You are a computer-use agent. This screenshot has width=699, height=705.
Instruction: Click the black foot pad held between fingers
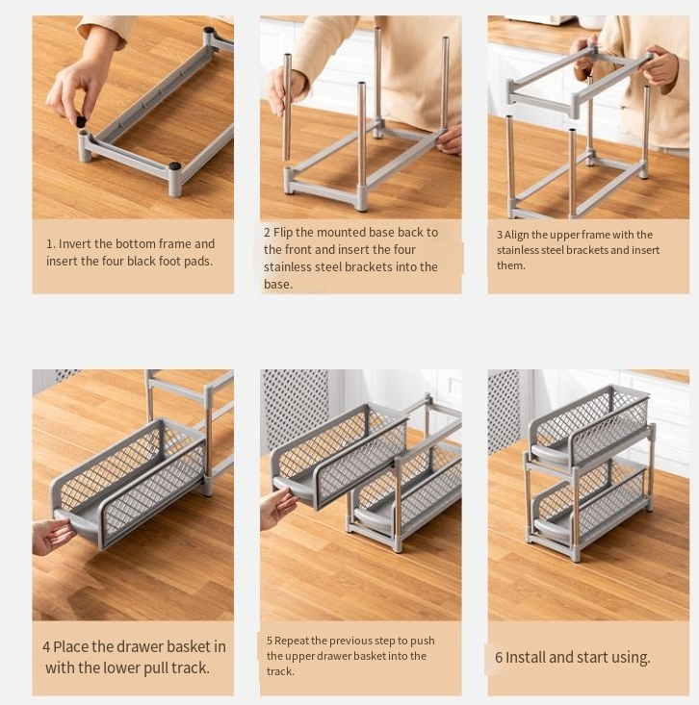tap(81, 121)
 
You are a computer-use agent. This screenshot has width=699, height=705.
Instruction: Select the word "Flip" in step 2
tap(283, 233)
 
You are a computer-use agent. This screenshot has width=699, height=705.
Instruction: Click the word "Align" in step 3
tap(516, 235)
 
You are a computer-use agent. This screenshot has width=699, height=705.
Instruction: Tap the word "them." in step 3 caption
tap(511, 265)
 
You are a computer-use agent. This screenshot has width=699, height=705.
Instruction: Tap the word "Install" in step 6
tap(526, 657)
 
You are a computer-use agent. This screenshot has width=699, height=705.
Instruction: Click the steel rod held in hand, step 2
tap(287, 107)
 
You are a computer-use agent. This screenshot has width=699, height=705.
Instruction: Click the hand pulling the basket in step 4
tap(52, 536)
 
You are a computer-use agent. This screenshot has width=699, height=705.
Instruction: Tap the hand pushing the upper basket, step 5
tap(278, 507)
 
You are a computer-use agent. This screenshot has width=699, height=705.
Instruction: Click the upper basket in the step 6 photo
tap(589, 425)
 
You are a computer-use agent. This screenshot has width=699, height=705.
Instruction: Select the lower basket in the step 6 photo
tap(589, 501)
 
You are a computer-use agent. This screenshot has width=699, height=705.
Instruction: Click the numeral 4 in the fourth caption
tap(46, 647)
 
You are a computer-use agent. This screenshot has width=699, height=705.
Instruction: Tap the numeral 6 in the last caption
tap(499, 658)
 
